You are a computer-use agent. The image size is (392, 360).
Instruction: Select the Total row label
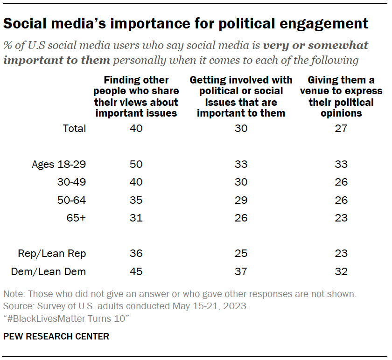(75, 128)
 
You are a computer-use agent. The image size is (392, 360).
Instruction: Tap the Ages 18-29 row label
(59, 164)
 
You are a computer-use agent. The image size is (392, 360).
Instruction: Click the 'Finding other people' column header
(136, 97)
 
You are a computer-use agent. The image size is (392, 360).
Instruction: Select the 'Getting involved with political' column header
(241, 97)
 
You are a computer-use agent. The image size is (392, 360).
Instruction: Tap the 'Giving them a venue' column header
(341, 97)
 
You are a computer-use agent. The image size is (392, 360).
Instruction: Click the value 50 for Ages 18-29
(136, 164)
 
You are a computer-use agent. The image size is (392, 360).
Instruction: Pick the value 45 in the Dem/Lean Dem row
(136, 271)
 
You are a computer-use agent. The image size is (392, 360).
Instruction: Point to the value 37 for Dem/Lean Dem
(241, 271)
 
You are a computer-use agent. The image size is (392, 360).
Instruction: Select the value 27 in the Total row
(341, 128)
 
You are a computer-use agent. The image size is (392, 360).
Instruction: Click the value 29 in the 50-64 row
(241, 200)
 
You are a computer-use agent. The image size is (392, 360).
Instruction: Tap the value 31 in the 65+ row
(136, 218)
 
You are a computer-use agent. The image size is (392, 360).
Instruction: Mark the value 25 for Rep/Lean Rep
(241, 254)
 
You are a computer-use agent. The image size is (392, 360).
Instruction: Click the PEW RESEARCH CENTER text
(56, 336)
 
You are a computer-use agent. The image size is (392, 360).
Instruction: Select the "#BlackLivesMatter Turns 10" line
(66, 318)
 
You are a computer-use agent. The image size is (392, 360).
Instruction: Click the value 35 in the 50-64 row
(136, 200)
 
